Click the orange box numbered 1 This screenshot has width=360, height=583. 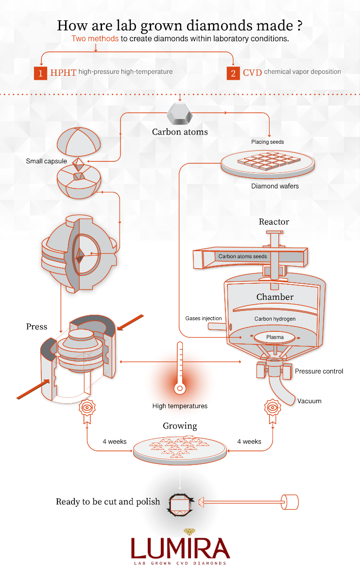coord(40,73)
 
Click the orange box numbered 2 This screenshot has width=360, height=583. coord(233,73)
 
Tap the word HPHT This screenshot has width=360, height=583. coord(63,72)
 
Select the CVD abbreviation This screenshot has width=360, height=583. coord(253,72)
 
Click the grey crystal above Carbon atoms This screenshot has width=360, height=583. coord(180,115)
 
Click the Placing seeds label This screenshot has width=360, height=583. coord(268,142)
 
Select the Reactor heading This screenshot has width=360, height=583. coord(274,222)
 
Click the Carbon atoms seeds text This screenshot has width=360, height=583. coord(242,256)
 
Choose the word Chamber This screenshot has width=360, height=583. coord(275,296)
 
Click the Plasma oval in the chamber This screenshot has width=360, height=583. coord(274,337)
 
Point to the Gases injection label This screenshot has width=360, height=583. coord(204,319)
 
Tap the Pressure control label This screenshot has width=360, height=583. coord(319,371)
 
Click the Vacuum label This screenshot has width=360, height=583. coord(309,401)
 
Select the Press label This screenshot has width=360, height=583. coord(37,326)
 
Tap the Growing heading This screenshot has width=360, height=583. coord(180,426)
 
